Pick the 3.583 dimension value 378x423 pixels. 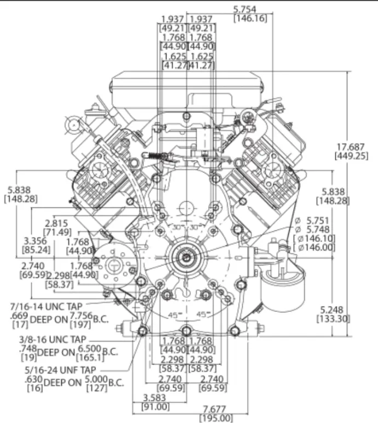156,397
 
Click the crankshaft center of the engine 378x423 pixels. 187,257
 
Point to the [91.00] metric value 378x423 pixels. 156,407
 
